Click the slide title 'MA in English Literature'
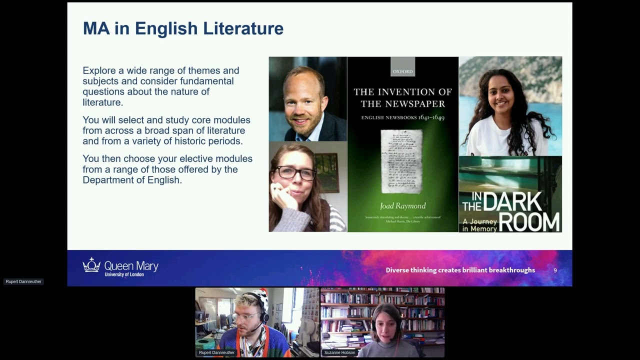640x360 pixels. tap(183, 28)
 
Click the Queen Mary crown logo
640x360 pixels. tap(91, 265)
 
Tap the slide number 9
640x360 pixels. tap(555, 270)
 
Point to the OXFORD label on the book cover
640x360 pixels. tap(402, 71)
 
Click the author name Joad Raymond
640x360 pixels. tap(402, 206)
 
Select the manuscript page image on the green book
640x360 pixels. tap(401, 161)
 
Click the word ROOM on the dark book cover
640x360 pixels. tap(529, 222)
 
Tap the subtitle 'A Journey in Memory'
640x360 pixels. tap(479, 225)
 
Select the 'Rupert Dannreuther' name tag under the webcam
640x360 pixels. tap(216, 352)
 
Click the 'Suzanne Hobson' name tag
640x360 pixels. tap(339, 352)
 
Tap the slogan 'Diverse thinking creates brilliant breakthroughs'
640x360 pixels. tap(460, 270)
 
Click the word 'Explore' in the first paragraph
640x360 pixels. tap(99, 70)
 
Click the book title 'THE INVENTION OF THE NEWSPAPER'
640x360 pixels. tap(402, 97)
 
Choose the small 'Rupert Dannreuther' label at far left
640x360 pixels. tap(23, 281)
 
